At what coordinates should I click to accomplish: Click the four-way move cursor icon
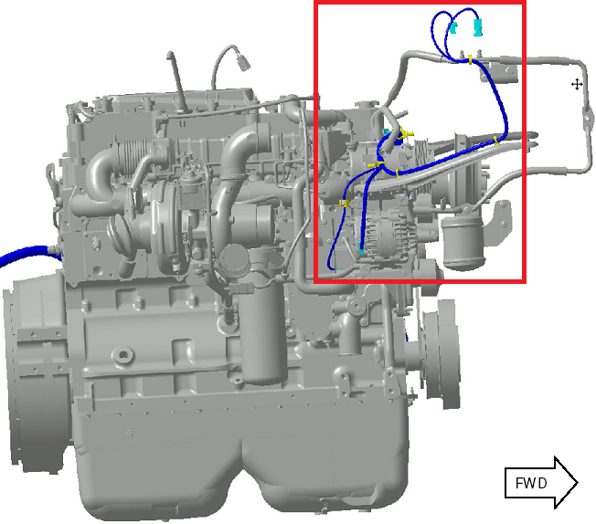pos(577,84)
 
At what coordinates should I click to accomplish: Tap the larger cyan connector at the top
pos(478,27)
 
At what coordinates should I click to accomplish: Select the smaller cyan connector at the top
pos(453,27)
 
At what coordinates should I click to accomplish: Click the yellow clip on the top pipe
pos(471,59)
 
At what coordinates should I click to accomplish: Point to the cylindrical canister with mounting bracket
pos(463,240)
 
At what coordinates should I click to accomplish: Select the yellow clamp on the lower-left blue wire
pos(344,204)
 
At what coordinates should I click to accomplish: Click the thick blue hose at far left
pos(27,254)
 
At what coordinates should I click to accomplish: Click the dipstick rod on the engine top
pos(176,80)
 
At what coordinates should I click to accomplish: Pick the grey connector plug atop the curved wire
pos(242,62)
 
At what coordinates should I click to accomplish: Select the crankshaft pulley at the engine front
pos(441,354)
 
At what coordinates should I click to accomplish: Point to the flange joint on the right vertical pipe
pos(588,119)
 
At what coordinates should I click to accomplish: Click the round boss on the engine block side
pos(122,355)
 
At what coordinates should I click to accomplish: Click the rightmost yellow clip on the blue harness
pos(496,141)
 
